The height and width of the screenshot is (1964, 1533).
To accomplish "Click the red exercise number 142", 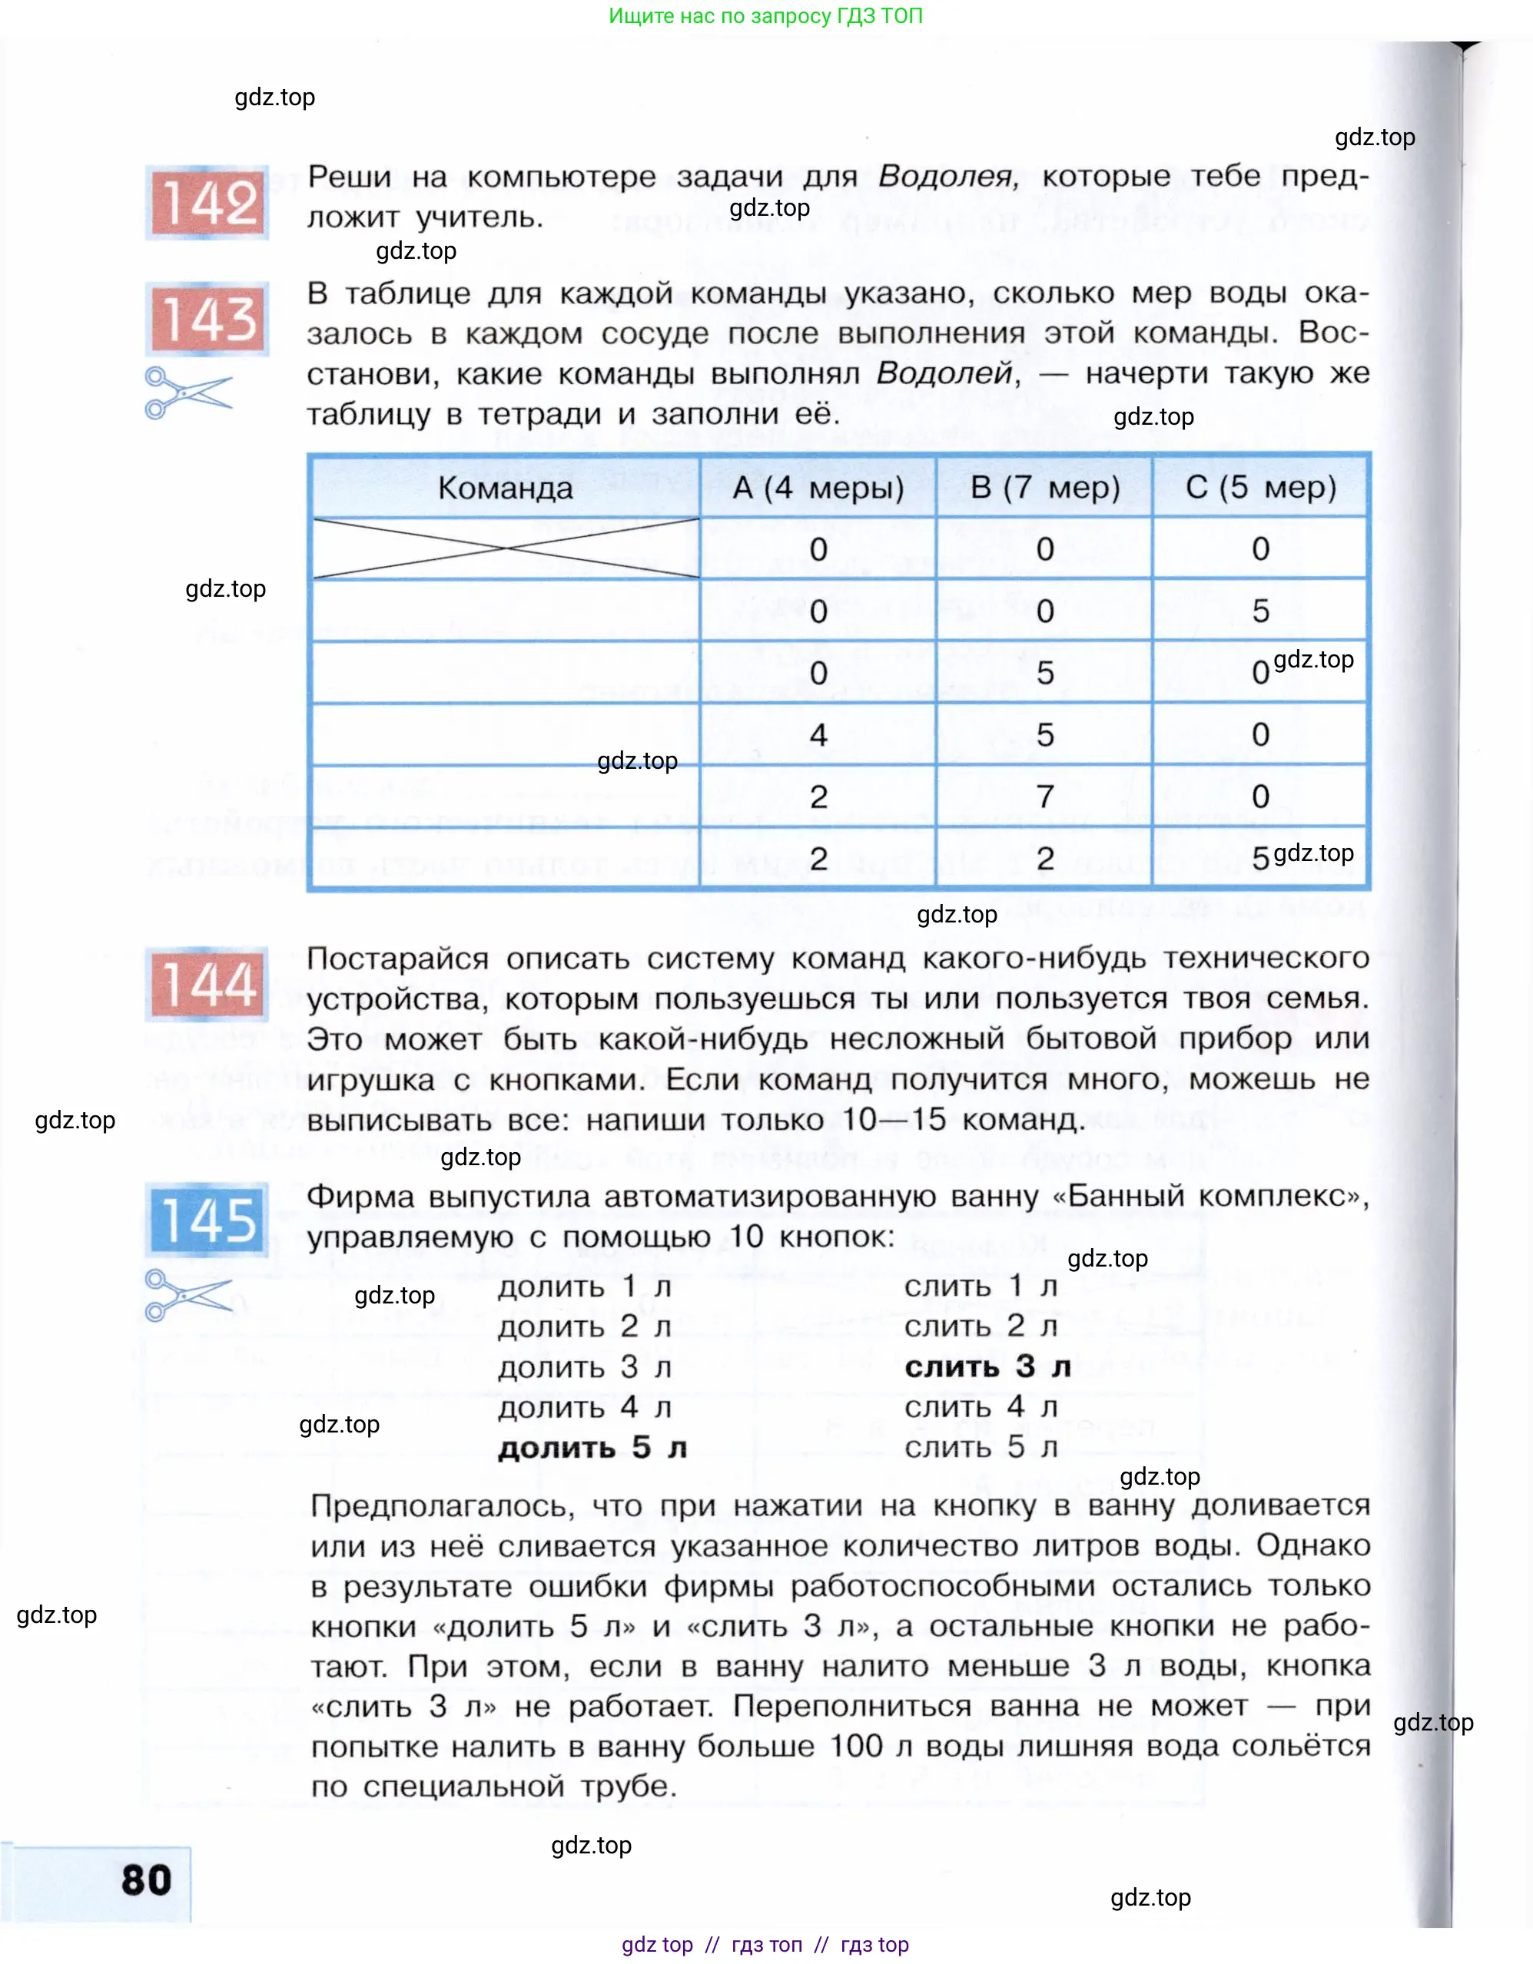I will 207,202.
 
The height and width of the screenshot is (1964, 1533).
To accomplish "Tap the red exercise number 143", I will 207,320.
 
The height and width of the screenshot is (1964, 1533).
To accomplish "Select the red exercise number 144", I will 207,984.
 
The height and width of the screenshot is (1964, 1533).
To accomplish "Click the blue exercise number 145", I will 207,1220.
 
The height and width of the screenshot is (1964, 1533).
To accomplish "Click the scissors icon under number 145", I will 187,1295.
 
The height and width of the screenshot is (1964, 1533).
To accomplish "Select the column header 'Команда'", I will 505,489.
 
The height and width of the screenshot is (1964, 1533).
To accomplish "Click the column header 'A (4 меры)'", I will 818,488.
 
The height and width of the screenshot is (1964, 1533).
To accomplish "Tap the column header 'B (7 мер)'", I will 1044,488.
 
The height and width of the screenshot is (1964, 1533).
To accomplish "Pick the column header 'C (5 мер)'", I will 1260,488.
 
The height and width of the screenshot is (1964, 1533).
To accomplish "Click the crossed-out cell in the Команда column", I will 505,548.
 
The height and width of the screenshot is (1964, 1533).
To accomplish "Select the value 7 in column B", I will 1044,797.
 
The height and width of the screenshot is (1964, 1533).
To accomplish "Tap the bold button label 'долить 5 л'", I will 592,1447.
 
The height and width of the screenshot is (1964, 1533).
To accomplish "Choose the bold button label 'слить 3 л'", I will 987,1367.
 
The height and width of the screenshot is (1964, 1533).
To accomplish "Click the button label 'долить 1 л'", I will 585,1287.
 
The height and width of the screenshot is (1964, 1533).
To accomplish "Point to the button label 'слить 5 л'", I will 981,1447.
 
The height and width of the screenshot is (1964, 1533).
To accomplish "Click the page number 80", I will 146,1880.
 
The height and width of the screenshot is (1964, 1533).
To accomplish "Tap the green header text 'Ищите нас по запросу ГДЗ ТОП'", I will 765,16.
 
